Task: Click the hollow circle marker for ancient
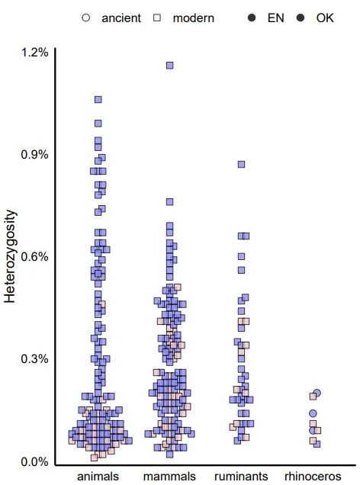pos(86,18)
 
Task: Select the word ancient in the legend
pos(121,18)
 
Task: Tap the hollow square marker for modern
pos(158,18)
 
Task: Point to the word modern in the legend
pos(194,18)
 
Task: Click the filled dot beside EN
pos(252,18)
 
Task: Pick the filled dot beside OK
pos(301,18)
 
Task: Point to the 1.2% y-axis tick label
pos(35,53)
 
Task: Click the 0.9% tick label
pos(35,155)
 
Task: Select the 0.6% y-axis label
pos(35,257)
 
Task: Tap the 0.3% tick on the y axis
pos(35,359)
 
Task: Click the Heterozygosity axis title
pos(11,258)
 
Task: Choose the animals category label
pos(98,477)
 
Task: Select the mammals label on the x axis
pos(170,477)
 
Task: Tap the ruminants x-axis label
pos(241,477)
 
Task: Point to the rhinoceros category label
pos(313,477)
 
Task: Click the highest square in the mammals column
pos(170,66)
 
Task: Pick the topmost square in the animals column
pos(98,99)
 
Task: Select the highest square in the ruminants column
pos(241,164)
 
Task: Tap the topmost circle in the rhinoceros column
pos(317,393)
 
